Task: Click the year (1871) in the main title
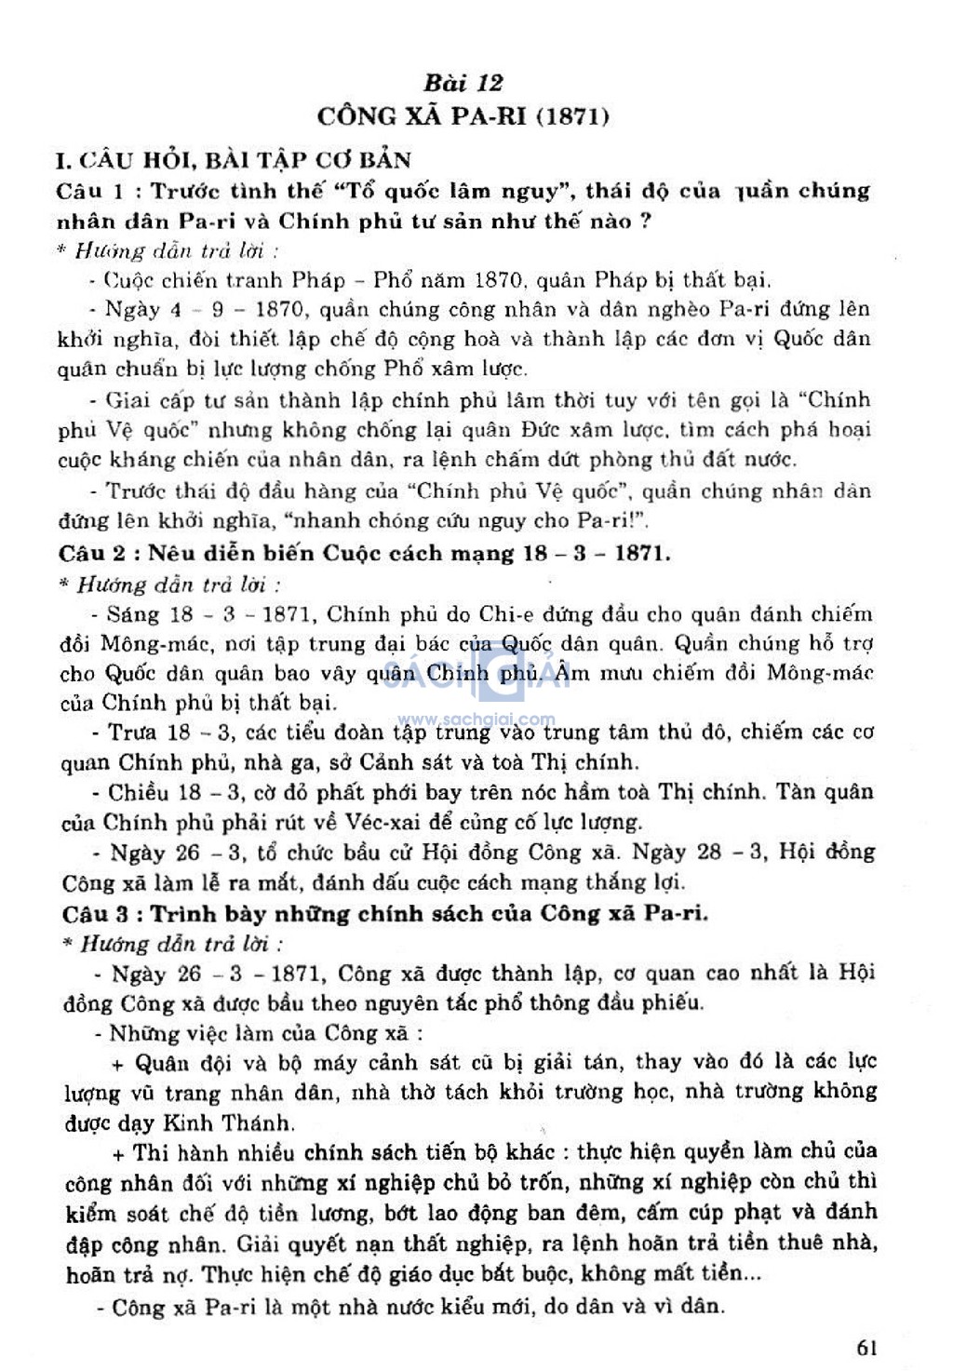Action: click(573, 116)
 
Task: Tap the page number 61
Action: click(867, 1347)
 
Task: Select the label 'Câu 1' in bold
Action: click(89, 192)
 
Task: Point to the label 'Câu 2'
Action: click(91, 554)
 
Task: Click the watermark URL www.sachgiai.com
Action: click(476, 719)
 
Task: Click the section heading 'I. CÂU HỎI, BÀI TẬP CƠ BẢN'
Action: click(233, 160)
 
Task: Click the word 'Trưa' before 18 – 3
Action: click(132, 733)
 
